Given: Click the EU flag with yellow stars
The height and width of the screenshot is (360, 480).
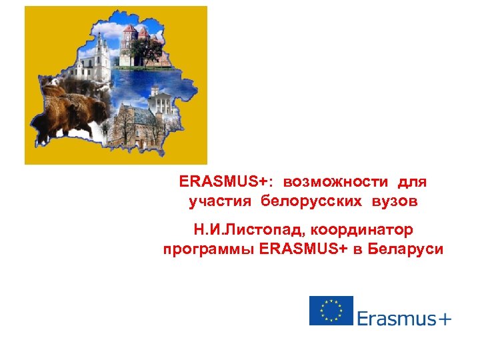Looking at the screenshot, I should [x=331, y=311].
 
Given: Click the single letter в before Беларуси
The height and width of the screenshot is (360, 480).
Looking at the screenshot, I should [x=361, y=250].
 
